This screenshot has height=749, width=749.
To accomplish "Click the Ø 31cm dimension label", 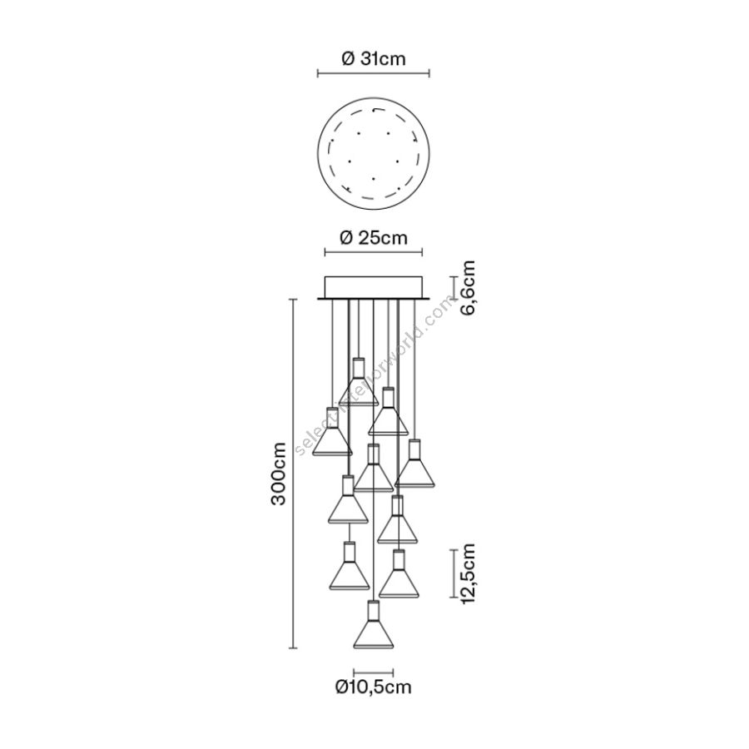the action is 374,59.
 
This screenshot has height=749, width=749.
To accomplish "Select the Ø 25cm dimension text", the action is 374,237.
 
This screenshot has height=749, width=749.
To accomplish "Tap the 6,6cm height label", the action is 468,288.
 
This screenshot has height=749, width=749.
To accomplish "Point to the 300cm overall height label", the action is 277,474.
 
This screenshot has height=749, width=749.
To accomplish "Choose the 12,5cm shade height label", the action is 468,573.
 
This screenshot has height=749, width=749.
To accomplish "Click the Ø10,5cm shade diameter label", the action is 374,687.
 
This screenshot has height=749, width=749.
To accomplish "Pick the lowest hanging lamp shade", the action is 374,625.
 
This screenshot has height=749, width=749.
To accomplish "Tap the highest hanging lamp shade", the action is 359,381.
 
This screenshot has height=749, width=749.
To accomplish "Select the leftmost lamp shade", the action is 332,431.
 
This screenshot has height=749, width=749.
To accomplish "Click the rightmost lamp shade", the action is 414,464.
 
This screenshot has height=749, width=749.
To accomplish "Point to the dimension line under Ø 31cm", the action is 374,73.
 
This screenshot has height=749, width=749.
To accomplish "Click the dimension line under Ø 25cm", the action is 374,251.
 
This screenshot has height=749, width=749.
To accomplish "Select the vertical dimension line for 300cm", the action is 293,474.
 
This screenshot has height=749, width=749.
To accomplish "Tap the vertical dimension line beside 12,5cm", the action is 453,573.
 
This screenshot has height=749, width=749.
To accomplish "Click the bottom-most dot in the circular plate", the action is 374,180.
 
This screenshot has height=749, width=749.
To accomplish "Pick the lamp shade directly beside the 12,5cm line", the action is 399,573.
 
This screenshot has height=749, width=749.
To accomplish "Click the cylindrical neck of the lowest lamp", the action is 374,611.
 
